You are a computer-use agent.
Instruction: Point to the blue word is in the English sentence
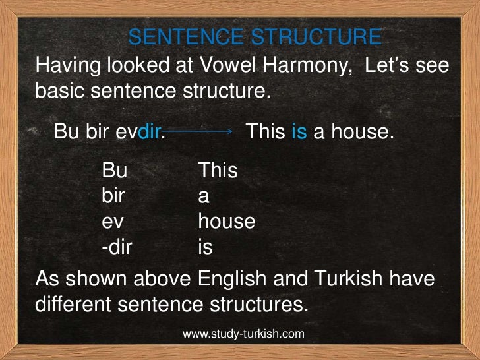pyautogui.click(x=299, y=132)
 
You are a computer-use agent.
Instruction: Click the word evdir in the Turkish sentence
pyautogui.click(x=138, y=132)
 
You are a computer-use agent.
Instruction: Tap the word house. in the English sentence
pyautogui.click(x=362, y=132)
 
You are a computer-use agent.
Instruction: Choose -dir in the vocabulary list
pyautogui.click(x=118, y=247)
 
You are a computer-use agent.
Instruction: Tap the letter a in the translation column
pyautogui.click(x=204, y=197)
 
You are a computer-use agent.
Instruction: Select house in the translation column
pyautogui.click(x=226, y=222)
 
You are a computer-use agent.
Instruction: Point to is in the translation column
pyautogui.click(x=205, y=247)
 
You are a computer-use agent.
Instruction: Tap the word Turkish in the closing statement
pyautogui.click(x=347, y=280)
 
